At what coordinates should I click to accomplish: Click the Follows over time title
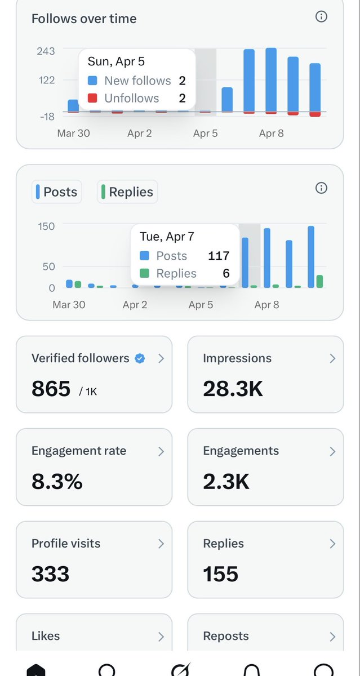coord(84,19)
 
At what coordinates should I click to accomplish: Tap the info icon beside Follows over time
coord(321,16)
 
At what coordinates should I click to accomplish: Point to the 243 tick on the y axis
coord(46,51)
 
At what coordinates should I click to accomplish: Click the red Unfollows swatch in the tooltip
coord(93,98)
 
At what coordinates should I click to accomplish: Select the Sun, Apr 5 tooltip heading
coord(116,61)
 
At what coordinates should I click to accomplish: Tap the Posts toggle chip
coord(57,192)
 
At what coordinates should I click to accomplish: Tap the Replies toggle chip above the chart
coord(127,192)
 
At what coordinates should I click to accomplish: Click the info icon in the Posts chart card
coord(321,188)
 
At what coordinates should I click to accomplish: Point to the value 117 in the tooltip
coord(219,256)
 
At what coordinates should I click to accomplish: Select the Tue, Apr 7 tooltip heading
coord(167,237)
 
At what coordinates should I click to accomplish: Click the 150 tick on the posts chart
coord(46,226)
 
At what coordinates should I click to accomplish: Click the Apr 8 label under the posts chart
coord(266,305)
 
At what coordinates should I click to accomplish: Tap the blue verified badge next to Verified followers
coord(140,358)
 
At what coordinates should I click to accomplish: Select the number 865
coord(51,389)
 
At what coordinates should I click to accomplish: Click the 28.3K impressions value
coord(233,389)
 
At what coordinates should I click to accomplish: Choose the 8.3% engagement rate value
coord(57,481)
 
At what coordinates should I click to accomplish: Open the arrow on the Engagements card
coord(332,451)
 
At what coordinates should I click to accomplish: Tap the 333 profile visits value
coord(50,573)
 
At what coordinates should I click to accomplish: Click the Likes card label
coord(46,636)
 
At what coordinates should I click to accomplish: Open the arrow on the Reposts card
coord(332,637)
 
